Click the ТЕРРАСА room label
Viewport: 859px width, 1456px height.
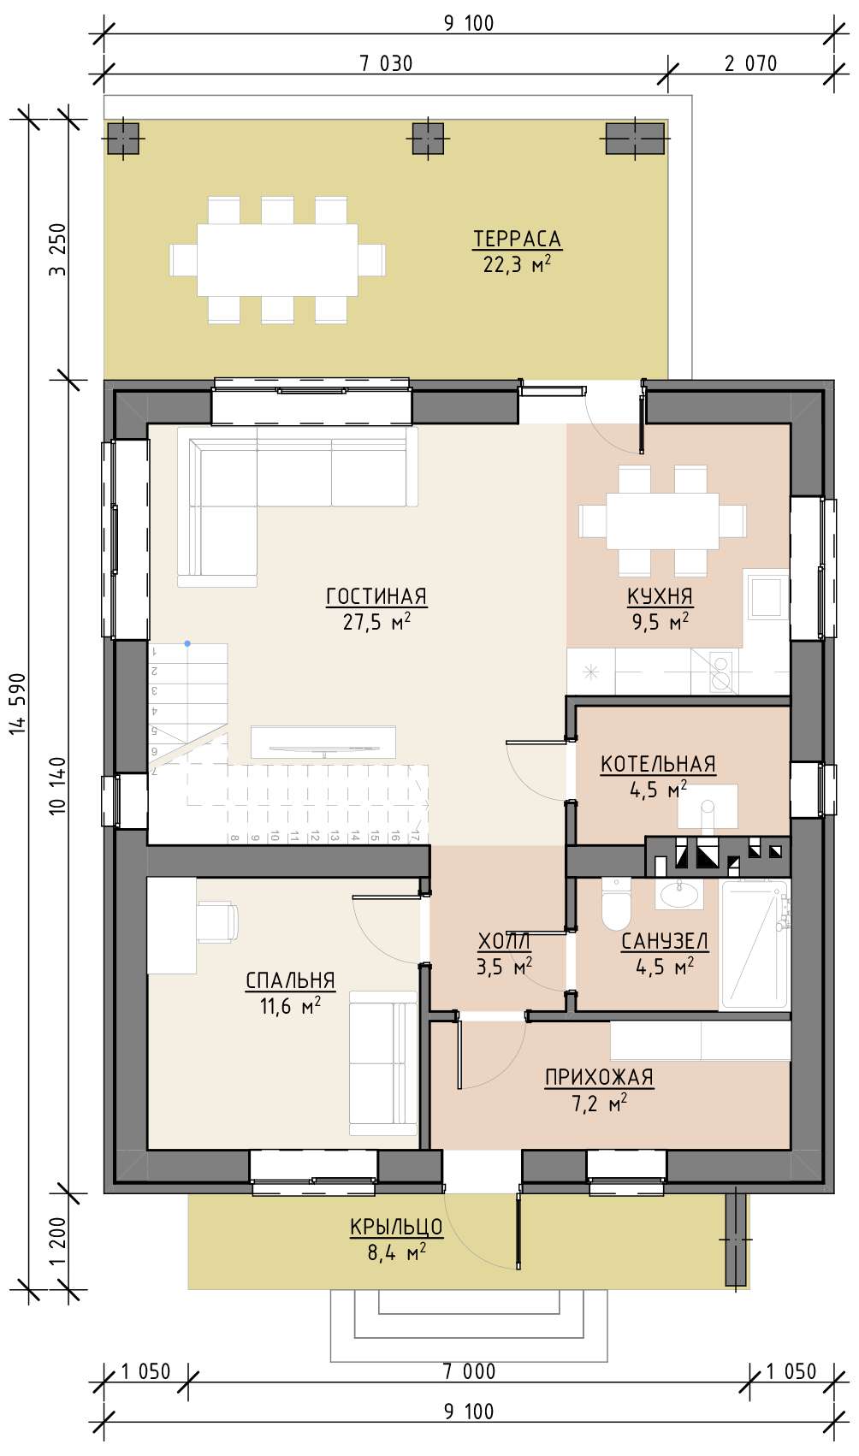pos(517,240)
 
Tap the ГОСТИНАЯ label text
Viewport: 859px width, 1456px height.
pos(376,596)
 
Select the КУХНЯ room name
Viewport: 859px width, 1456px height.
pos(660,596)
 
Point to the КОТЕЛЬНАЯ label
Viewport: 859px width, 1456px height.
pos(658,764)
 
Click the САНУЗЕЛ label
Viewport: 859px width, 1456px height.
pos(665,940)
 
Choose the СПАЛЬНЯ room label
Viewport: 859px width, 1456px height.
pos(290,980)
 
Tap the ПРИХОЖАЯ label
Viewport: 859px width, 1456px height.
pos(599,1077)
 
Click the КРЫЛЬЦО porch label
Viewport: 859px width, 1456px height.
pos(397,1227)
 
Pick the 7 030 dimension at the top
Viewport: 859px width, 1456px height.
pos(386,63)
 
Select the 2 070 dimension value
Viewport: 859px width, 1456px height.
pos(750,63)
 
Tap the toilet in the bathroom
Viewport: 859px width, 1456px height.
pos(615,903)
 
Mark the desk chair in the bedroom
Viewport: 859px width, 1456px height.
pos(217,920)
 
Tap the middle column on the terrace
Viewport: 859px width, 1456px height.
pos(428,139)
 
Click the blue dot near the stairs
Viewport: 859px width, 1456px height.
pos(187,643)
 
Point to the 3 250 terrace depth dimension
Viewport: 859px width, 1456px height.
pos(58,250)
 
